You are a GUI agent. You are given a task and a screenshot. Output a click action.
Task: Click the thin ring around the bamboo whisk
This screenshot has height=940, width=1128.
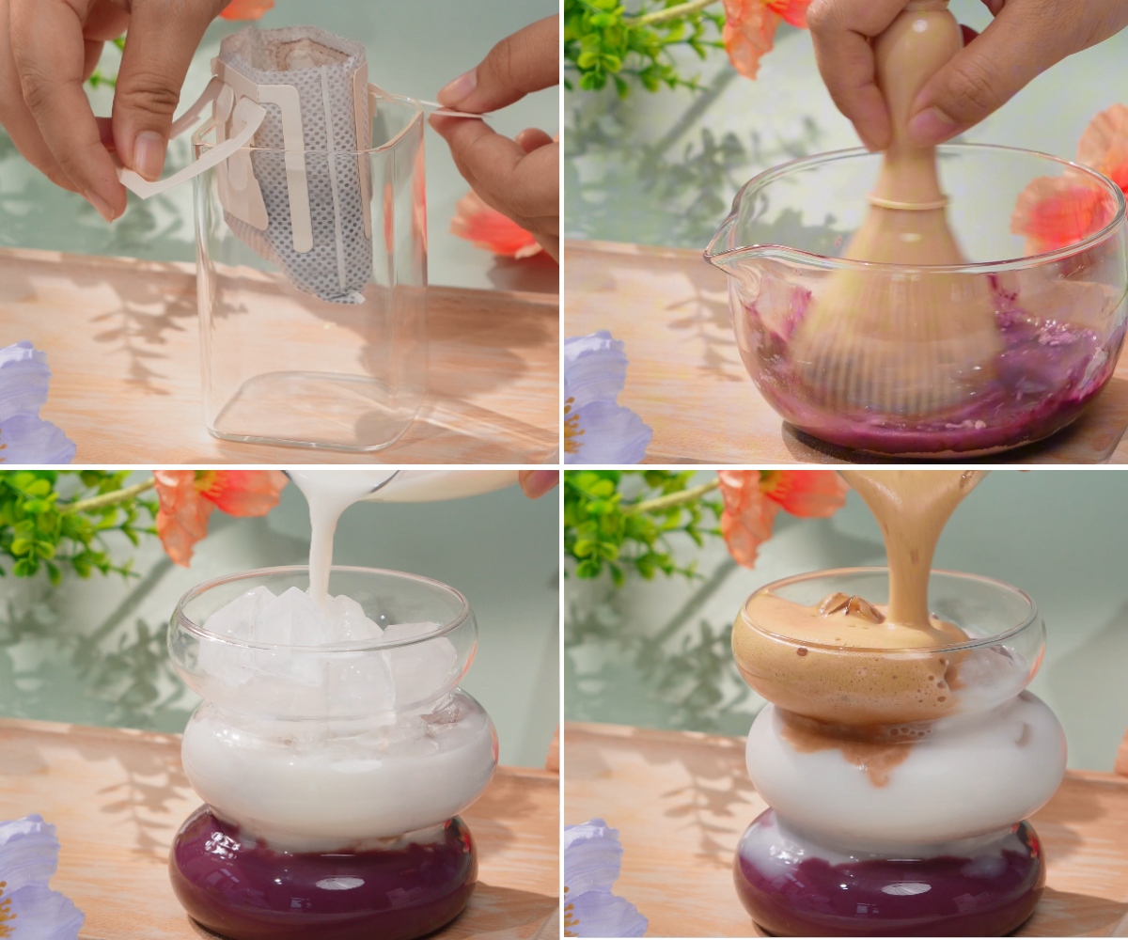coord(907,202)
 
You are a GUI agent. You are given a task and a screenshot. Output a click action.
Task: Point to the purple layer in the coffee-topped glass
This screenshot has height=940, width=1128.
coord(888,879)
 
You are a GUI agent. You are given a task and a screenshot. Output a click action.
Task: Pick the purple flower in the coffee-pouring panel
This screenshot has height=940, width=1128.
coord(597,879)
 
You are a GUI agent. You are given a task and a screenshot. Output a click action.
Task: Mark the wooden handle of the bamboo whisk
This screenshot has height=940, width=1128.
coord(907,94)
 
